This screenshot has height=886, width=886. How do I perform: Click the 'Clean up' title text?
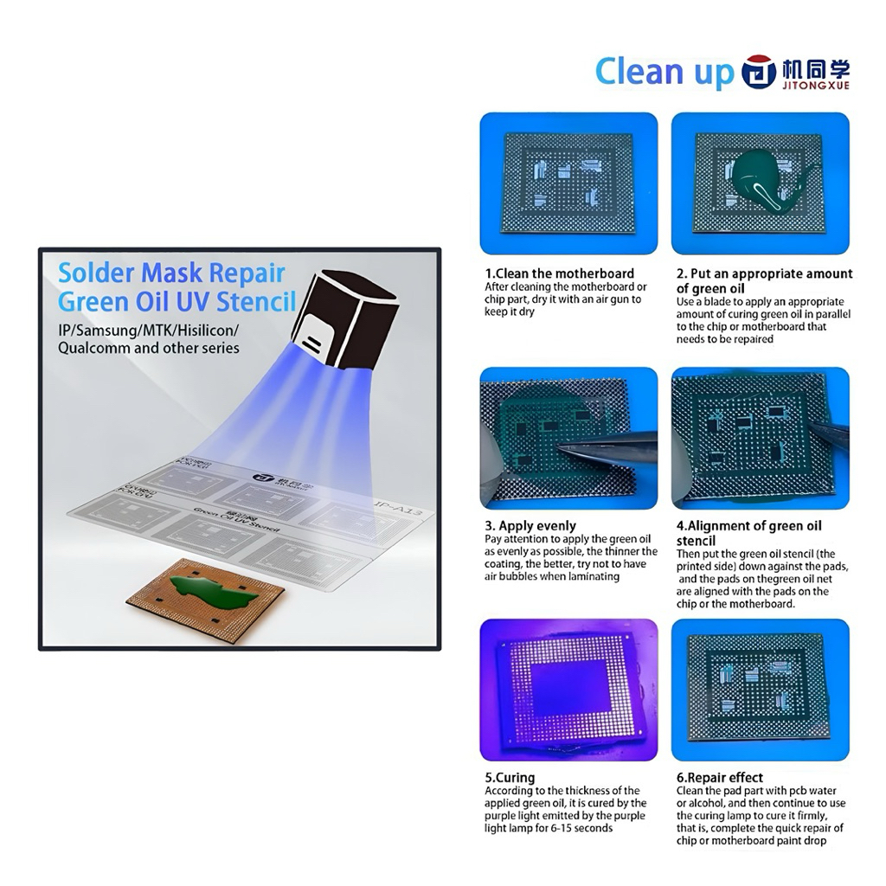coord(663,72)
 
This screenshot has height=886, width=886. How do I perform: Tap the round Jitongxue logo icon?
coord(759,73)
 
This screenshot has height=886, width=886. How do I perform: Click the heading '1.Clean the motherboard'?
coord(559,273)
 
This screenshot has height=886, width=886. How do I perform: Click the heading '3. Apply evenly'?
coord(530,525)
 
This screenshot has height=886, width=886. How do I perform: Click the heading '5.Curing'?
coord(510,777)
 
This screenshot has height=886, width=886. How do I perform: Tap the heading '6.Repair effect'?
coord(720,777)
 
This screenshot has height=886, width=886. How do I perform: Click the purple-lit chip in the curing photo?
coord(568,690)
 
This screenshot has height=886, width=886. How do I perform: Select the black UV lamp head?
coord(351,320)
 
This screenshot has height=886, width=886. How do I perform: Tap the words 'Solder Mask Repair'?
coord(171,273)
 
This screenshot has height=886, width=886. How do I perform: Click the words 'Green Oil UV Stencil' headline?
coord(177,303)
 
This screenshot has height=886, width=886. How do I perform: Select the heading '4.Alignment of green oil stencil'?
coord(748,532)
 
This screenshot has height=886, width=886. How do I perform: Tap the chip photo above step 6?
coord(760,690)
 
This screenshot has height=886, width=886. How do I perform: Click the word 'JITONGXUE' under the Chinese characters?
coord(817,86)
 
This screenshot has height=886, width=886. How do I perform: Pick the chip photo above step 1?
coord(568,183)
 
